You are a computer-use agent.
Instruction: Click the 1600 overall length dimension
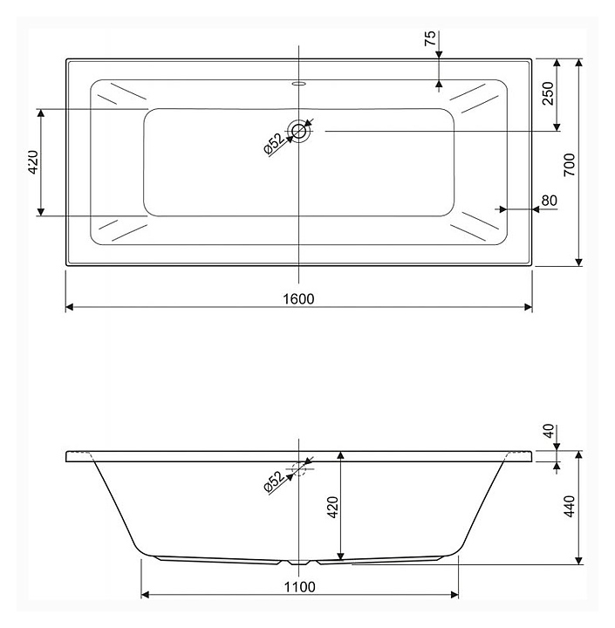298,299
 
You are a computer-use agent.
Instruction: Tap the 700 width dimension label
570,165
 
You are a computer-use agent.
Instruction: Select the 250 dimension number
548,93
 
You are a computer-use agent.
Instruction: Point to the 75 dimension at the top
430,38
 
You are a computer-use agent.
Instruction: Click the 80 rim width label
549,201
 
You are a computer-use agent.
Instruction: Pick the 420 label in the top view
34,162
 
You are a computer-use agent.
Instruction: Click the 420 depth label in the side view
333,507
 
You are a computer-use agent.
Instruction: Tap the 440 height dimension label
570,506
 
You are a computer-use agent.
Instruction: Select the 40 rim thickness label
550,431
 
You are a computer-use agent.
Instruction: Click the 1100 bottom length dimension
300,587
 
